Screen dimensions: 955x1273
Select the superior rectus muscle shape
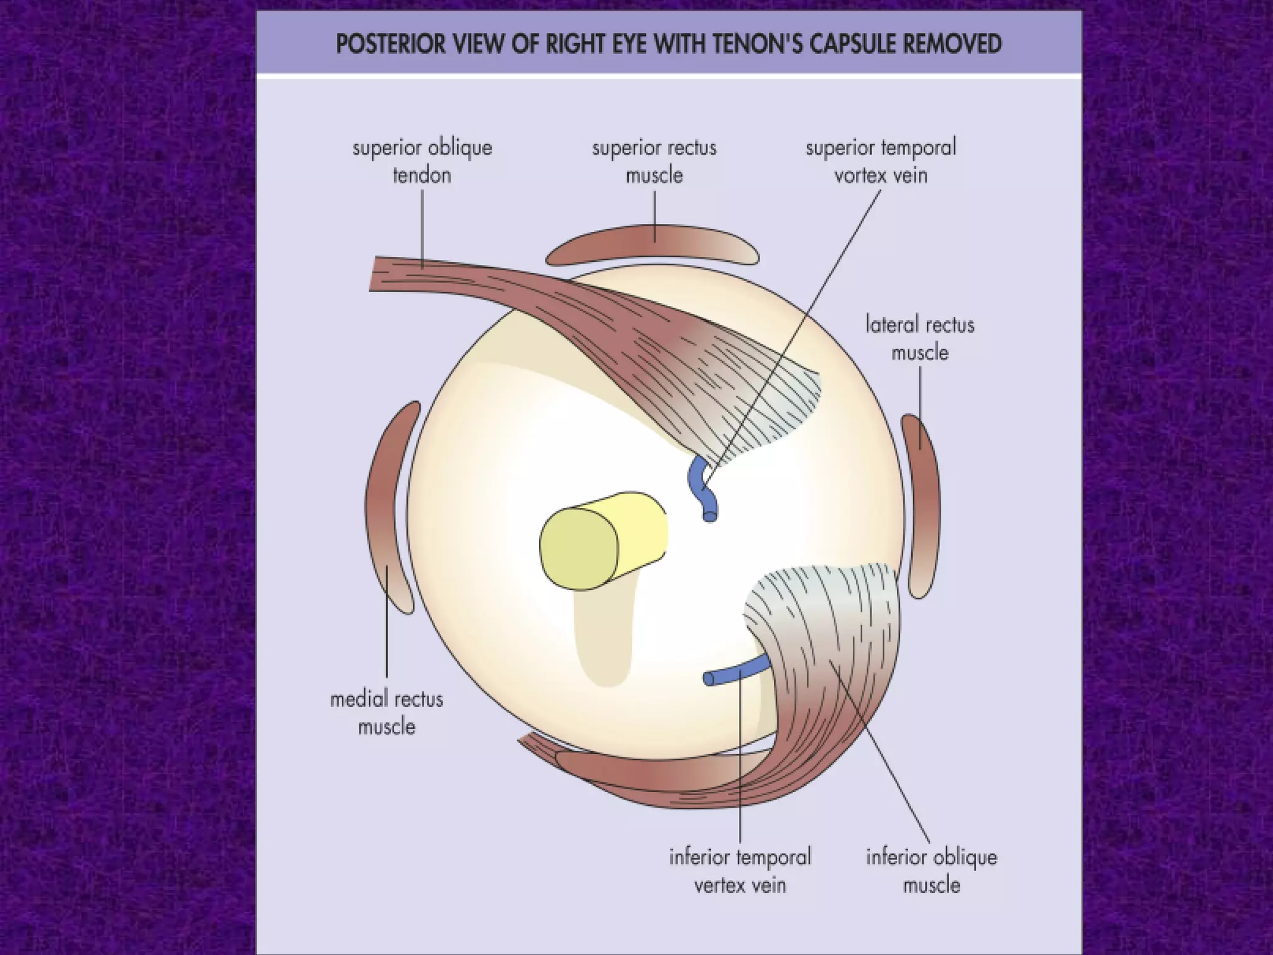tap(653, 246)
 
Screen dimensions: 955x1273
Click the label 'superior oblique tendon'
tap(422, 162)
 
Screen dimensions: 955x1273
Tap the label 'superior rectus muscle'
tap(654, 162)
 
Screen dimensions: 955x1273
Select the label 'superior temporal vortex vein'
tap(881, 162)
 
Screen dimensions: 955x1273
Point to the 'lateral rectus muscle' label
tap(920, 339)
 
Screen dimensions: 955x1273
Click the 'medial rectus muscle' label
tap(387, 713)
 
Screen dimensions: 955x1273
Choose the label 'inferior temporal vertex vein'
tap(740, 870)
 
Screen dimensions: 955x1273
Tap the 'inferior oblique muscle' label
tap(931, 870)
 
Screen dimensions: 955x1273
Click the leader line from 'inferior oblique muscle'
tap(883, 746)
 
